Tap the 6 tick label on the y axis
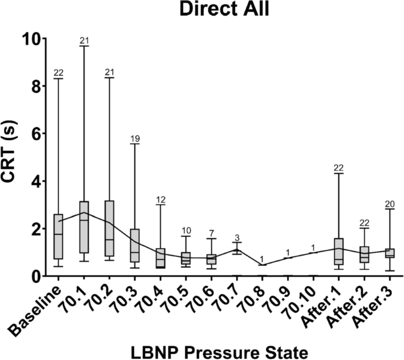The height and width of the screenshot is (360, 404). coord(31,134)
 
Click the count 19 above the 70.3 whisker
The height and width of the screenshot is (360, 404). coord(134,139)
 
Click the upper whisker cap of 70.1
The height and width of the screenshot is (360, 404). coord(84,46)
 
